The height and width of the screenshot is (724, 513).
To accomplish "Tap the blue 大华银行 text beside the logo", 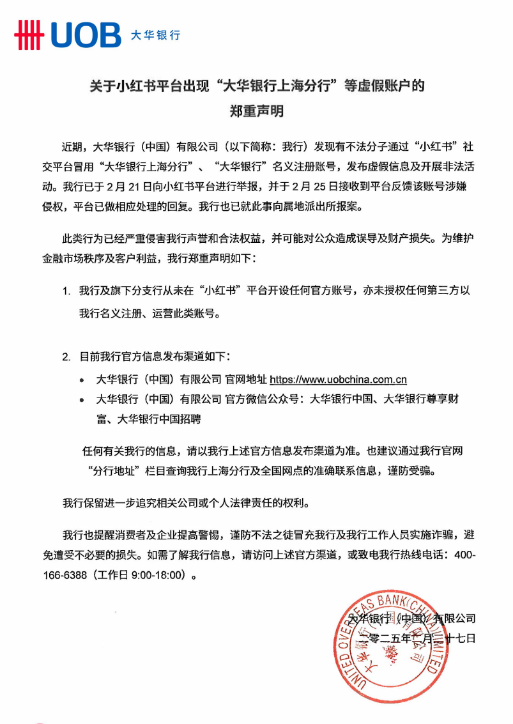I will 155,35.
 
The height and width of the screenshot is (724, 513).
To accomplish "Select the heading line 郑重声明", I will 256,111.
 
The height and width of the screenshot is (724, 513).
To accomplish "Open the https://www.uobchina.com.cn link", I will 338,380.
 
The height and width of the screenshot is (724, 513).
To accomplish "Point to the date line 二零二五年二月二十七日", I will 418,638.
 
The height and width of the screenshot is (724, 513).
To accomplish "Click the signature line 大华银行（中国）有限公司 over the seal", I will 412,619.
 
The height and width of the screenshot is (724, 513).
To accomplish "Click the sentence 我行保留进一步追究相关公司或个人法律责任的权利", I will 185,502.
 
